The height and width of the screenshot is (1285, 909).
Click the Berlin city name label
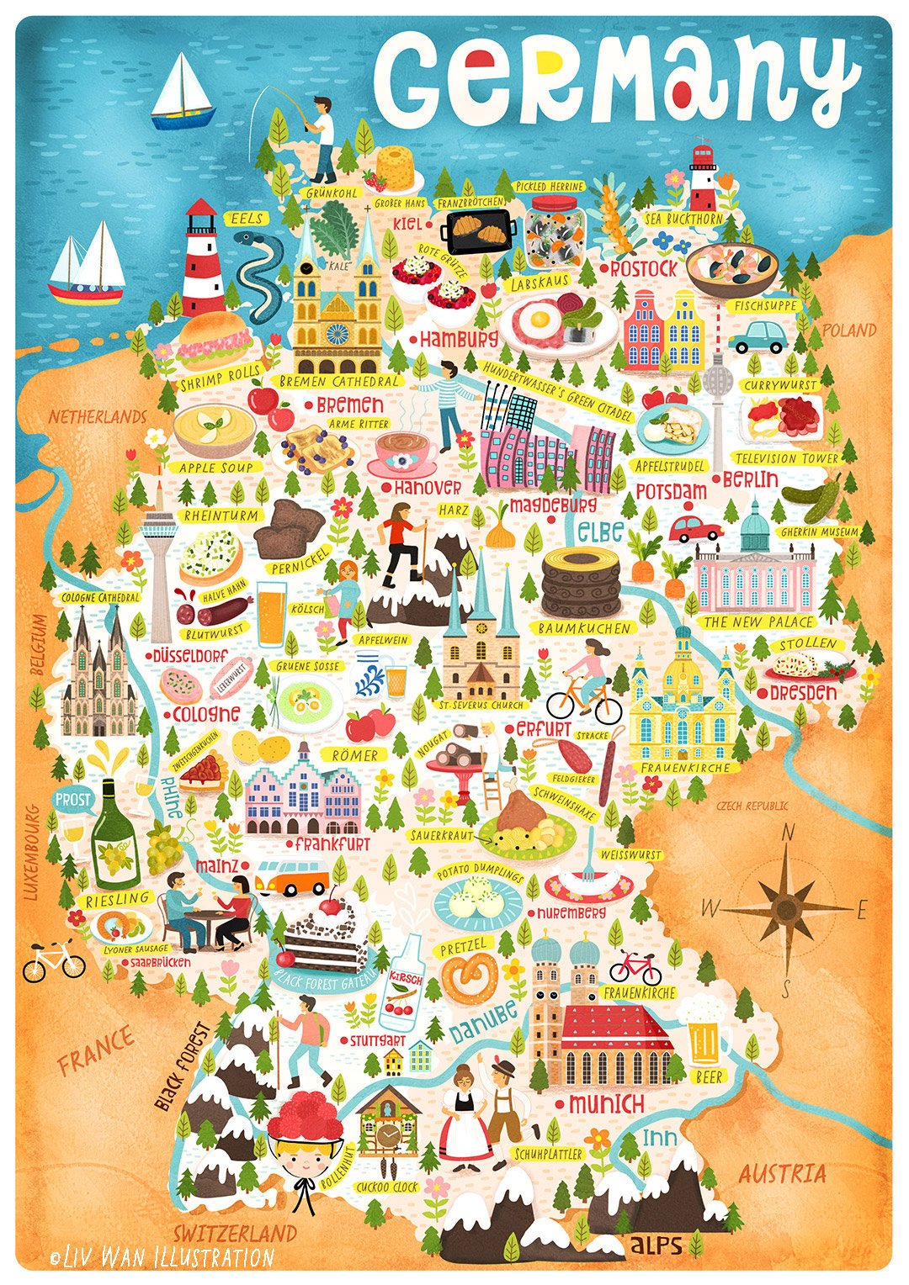point(750,479)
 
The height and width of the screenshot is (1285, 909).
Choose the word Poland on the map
point(848,330)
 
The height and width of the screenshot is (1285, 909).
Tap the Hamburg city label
point(459,340)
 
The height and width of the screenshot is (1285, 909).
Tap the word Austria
point(782,1173)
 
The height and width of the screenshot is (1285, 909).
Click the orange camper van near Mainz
point(293,877)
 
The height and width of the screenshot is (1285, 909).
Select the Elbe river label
point(600,531)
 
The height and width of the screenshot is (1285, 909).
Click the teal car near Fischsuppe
point(756,336)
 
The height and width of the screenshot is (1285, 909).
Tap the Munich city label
point(606,1103)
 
